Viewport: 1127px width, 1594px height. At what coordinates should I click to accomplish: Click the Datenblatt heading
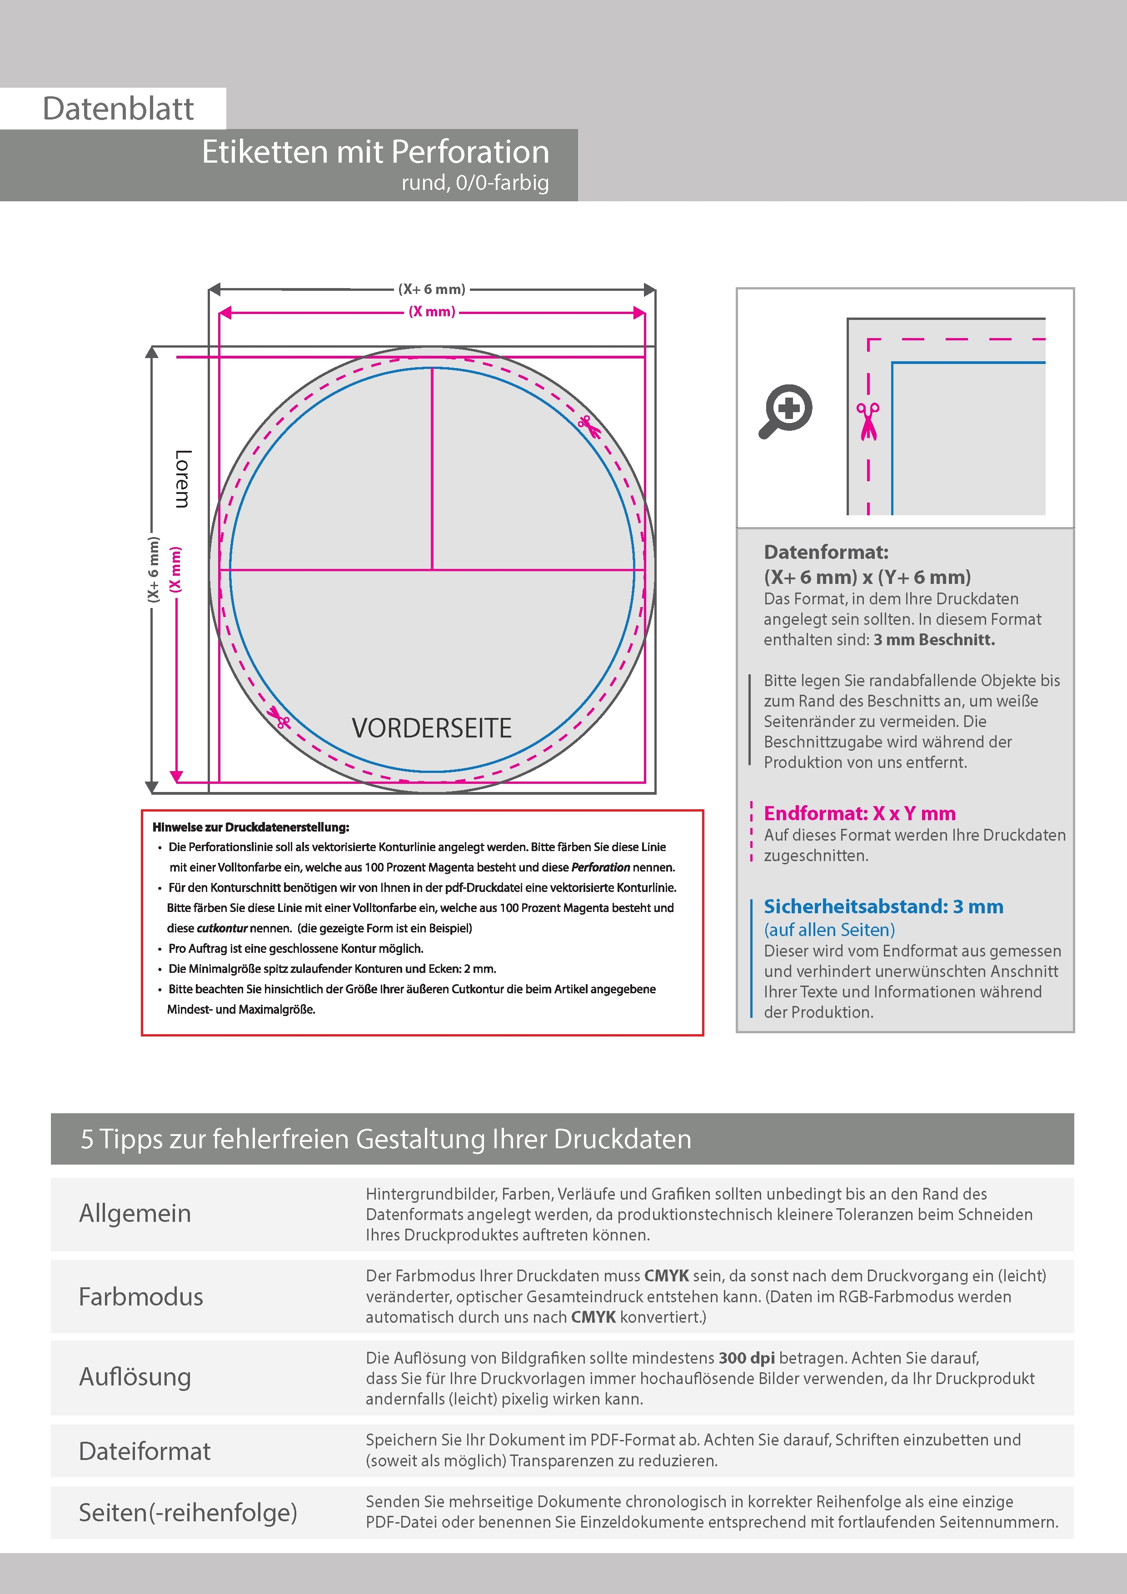118,108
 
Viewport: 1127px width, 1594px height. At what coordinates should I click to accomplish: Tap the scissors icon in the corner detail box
868,421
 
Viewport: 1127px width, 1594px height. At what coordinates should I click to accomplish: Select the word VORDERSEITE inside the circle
431,728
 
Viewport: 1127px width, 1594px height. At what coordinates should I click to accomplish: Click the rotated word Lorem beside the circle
182,478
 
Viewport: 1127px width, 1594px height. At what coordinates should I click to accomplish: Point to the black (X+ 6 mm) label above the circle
431,289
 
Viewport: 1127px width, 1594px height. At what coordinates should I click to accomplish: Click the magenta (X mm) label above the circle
431,312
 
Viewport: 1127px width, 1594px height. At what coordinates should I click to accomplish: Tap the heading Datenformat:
826,553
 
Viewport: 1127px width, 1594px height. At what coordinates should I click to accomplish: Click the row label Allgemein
135,1214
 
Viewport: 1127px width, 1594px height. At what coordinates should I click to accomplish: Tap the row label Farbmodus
141,1296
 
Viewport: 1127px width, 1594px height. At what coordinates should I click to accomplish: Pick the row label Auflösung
135,1377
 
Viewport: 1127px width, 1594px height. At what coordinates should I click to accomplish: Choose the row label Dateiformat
145,1451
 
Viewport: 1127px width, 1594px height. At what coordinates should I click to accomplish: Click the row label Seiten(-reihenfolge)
188,1512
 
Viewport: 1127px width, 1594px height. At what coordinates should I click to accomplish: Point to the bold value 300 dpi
747,1358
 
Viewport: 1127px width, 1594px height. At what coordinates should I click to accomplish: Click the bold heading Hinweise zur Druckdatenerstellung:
251,827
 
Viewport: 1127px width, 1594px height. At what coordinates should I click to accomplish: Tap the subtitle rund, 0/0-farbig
475,183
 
